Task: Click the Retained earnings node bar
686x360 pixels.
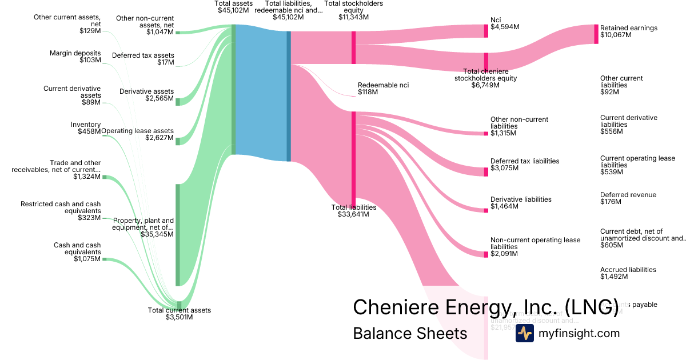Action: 596,34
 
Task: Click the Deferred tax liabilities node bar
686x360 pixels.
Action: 486,171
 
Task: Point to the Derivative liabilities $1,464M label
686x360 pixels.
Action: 521,203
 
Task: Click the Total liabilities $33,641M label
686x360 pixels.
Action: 353,211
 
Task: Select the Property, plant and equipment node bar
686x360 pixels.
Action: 177,234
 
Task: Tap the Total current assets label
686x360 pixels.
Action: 179,314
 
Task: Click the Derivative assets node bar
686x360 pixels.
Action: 177,102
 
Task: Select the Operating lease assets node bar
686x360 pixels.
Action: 177,141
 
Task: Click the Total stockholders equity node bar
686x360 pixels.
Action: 353,47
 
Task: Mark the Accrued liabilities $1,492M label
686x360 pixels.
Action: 628,273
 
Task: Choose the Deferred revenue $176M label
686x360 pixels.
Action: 628,198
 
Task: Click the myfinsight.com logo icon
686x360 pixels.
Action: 524,333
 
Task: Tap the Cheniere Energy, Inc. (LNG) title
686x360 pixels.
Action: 485,307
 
